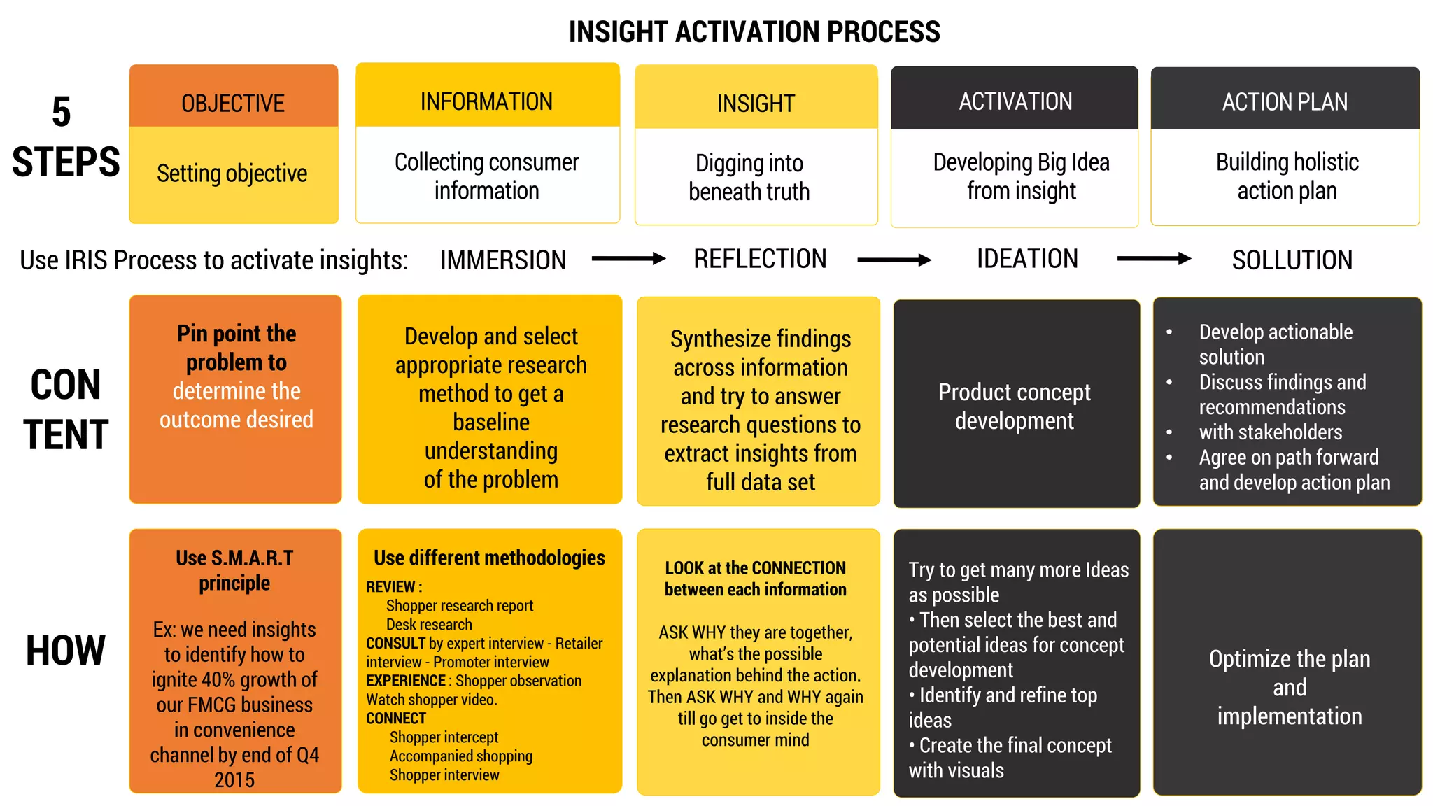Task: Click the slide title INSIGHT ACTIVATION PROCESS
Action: [754, 32]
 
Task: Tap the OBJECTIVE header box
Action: [233, 103]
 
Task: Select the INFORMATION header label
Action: [486, 101]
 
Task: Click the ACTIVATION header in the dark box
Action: [1015, 101]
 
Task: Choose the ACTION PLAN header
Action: [1285, 102]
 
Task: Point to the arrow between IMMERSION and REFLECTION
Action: [628, 259]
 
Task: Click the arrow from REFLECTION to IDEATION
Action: [894, 260]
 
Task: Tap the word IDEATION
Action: [1027, 259]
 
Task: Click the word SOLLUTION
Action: [1292, 260]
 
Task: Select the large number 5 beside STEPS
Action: [62, 112]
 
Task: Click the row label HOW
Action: [65, 651]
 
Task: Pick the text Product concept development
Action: [1014, 406]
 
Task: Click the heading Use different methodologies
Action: [489, 558]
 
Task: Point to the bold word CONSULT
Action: [395, 643]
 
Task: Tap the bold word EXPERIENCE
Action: [406, 681]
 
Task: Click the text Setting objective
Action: [232, 173]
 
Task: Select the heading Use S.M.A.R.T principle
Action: [234, 570]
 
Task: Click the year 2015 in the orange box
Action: [234, 779]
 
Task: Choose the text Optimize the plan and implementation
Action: [1289, 687]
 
